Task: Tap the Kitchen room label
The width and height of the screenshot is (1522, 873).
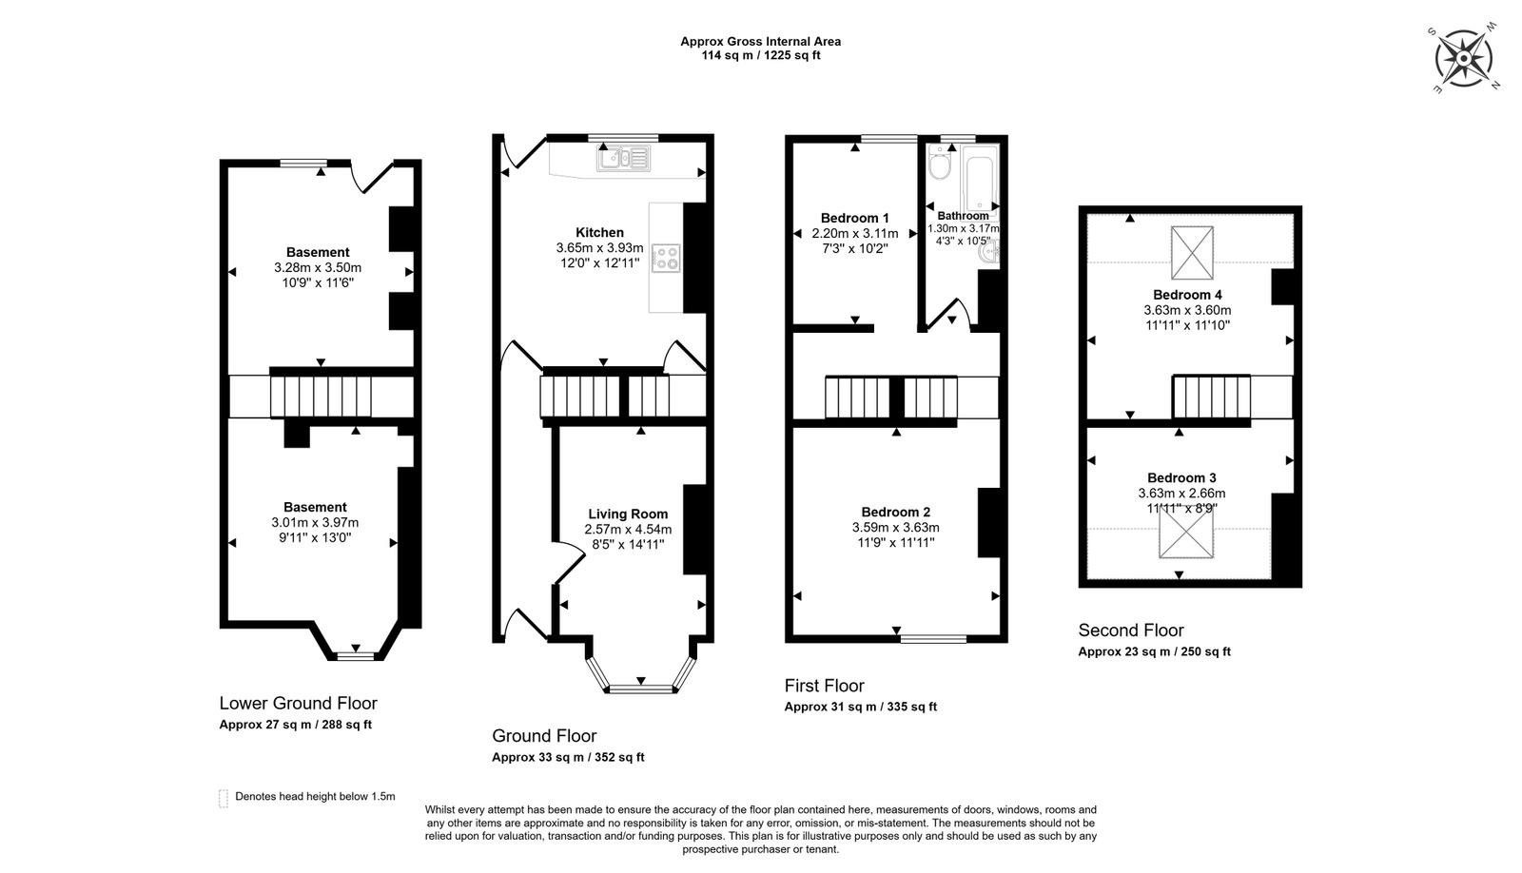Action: click(x=599, y=232)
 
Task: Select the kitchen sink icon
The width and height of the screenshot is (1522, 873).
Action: click(x=622, y=159)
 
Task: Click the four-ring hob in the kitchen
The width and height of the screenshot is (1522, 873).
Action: click(x=666, y=258)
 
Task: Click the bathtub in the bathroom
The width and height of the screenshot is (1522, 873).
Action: click(x=978, y=178)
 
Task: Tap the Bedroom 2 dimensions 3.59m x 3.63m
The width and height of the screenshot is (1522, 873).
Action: click(x=895, y=527)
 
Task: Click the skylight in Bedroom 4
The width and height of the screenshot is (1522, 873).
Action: click(x=1192, y=252)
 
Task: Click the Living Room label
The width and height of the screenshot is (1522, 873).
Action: click(x=628, y=514)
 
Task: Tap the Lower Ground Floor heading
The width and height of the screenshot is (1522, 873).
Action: click(x=298, y=703)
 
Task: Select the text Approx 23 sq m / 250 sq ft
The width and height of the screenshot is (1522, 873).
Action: click(x=1154, y=651)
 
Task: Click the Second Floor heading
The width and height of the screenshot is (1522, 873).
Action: click(x=1130, y=630)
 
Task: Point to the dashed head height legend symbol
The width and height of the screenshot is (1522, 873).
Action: click(x=224, y=798)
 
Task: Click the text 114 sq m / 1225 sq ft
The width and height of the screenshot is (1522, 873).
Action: click(x=760, y=55)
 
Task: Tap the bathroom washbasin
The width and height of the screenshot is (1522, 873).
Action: click(x=991, y=251)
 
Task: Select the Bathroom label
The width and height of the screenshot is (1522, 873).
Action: click(x=962, y=216)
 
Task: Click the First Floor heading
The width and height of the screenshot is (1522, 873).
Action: click(x=824, y=685)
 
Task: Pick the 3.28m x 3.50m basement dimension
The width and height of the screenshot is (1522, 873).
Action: click(x=317, y=267)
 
